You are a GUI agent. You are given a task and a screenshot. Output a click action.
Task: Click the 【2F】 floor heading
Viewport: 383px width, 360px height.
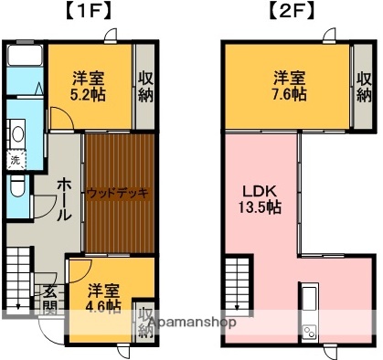click(290, 13)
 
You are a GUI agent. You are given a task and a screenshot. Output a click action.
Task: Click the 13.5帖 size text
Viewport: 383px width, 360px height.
click(260, 207)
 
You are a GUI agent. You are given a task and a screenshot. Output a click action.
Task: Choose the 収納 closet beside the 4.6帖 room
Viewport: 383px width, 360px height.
click(145, 321)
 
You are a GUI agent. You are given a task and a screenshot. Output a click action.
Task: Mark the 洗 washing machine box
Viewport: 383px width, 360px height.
click(16, 161)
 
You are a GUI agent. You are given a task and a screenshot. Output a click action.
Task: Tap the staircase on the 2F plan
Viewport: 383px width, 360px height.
click(237, 278)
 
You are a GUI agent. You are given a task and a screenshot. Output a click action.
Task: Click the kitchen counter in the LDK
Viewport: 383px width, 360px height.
click(308, 311)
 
